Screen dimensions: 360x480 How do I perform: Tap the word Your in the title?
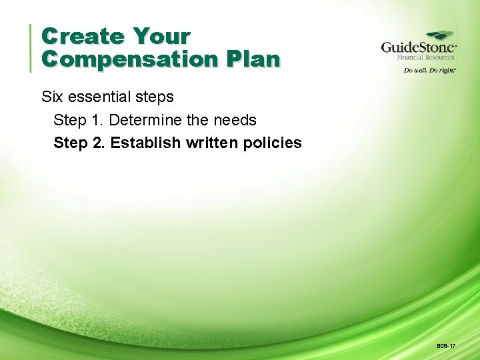[161, 36]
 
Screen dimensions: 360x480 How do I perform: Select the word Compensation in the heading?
[129, 59]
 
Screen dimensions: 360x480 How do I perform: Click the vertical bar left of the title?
[31, 47]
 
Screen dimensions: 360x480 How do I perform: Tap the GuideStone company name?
[418, 48]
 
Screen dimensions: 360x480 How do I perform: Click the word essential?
[97, 97]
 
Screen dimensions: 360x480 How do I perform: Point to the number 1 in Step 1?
[95, 120]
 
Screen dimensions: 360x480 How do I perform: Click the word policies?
[274, 143]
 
